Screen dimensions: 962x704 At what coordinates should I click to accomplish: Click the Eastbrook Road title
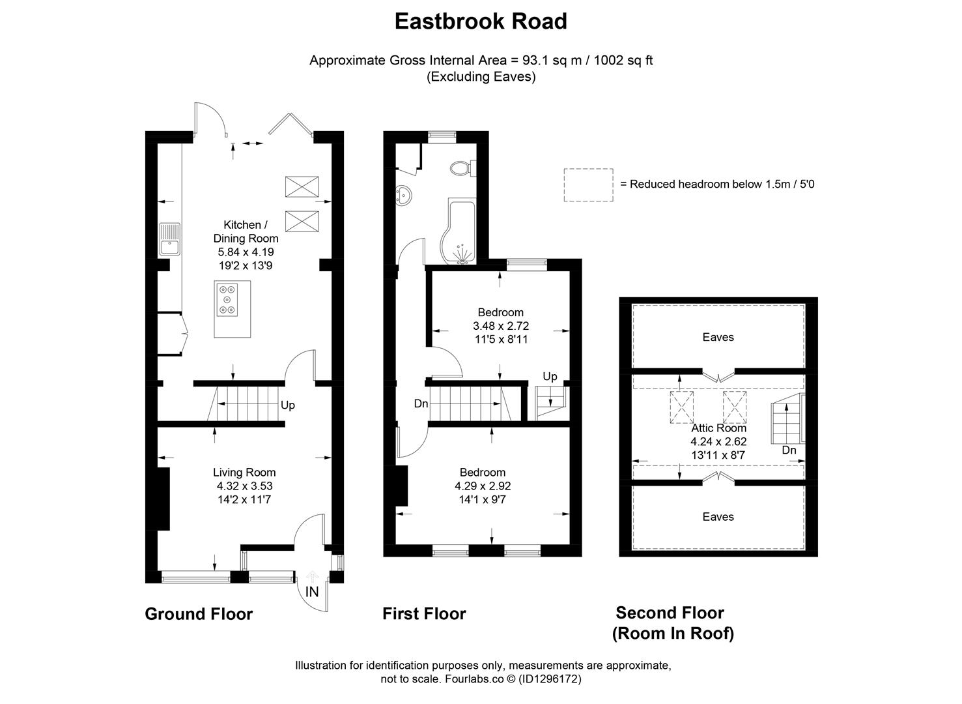click(481, 21)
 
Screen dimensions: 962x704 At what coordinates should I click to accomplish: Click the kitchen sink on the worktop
click(169, 239)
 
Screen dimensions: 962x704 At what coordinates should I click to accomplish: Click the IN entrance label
click(312, 592)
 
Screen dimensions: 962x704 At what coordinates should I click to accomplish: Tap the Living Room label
click(244, 473)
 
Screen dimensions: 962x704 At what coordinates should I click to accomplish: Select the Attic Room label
click(718, 428)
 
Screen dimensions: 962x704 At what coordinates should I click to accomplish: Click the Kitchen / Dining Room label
click(246, 231)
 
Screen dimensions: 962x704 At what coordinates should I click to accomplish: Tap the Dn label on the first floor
click(421, 403)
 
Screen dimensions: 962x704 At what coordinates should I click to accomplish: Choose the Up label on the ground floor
click(288, 405)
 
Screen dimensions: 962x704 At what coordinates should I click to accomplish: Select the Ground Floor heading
click(199, 614)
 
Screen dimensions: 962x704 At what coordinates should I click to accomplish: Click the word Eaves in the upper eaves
click(718, 337)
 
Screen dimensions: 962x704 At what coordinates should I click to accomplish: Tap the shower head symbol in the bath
click(462, 254)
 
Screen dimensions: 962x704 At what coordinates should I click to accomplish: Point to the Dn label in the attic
click(789, 450)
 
